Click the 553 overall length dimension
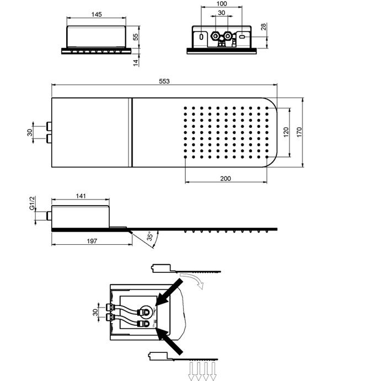point(164,81)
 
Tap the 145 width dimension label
point(97,14)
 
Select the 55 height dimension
point(136,37)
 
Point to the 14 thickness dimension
point(136,62)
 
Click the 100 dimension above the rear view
point(222,4)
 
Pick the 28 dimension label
point(264,26)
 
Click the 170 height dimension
point(299,132)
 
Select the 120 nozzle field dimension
point(286,132)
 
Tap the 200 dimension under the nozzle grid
point(226,179)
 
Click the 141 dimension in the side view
point(81,196)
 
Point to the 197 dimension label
point(92,241)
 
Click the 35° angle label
point(150,237)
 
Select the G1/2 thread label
point(33,203)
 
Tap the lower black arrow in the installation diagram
point(169,341)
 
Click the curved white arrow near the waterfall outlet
point(192,280)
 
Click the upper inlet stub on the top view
point(49,126)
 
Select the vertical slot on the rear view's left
point(201,37)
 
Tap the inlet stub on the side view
point(49,216)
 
